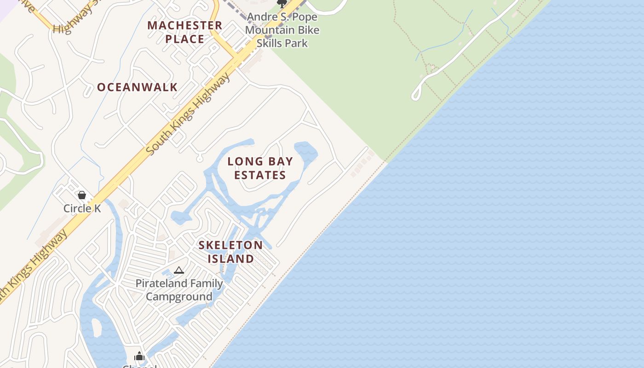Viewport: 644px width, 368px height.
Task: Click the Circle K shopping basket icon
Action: tap(82, 195)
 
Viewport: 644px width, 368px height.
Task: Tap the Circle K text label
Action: tap(82, 208)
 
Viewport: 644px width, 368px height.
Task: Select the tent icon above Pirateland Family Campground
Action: tap(179, 270)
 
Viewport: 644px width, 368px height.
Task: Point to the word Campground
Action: tap(179, 297)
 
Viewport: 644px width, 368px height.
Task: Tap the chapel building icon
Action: tap(139, 356)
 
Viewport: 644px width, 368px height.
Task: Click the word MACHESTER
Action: tap(185, 25)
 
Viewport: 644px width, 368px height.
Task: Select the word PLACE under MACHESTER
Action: tap(185, 39)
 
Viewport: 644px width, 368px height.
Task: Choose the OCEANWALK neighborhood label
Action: tap(137, 87)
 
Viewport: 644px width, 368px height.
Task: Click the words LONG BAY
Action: tap(260, 161)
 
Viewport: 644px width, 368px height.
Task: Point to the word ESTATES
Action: tap(260, 175)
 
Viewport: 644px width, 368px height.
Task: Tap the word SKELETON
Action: tap(230, 245)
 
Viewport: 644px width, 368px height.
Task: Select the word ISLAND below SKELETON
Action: tap(230, 259)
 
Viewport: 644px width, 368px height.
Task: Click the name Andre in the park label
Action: tap(263, 17)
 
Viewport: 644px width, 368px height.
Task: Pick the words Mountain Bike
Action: tap(282, 30)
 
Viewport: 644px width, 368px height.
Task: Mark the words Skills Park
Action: tap(282, 43)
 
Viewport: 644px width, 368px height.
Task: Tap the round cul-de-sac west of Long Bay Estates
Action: tap(199, 159)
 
